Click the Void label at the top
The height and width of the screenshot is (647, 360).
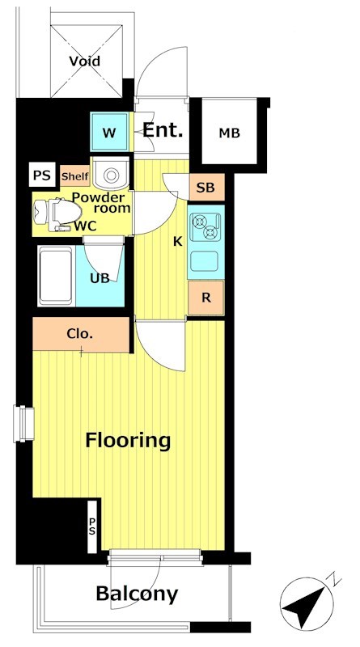pos(84,61)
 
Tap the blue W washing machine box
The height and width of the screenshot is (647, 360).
pos(109,133)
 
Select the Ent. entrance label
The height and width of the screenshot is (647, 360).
pos(163,130)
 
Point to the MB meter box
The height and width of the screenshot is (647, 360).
pos(229,133)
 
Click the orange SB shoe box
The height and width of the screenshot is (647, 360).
pos(206,188)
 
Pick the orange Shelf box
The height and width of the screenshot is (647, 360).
pos(74,176)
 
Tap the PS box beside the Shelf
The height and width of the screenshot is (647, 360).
pos(42,175)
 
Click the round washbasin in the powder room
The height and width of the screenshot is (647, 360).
pos(111,174)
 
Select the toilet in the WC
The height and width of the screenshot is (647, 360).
pos(57,214)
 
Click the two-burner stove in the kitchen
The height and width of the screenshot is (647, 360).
pos(206,227)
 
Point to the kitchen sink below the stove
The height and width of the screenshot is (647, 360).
pos(205,261)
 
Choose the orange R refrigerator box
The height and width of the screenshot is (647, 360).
pos(206,298)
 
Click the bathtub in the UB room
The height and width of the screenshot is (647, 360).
pos(57,277)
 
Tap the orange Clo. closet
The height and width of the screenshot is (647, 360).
pos(81,334)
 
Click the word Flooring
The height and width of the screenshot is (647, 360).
pos(128,441)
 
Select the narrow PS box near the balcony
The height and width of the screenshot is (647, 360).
pos(92,526)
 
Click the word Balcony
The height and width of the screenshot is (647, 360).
pos(137,594)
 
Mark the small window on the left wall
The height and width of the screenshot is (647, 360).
pos(24,424)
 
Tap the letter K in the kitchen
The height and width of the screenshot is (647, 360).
pos(177,242)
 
